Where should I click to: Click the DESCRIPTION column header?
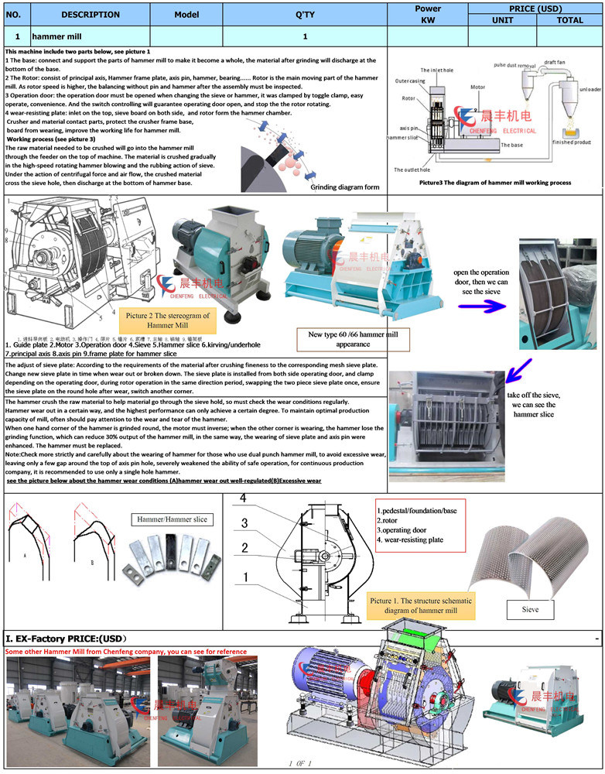[80, 14]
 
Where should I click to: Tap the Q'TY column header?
[304, 14]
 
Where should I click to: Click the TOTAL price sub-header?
[569, 20]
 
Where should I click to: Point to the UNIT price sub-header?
[502, 20]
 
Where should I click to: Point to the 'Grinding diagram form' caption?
[344, 187]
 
